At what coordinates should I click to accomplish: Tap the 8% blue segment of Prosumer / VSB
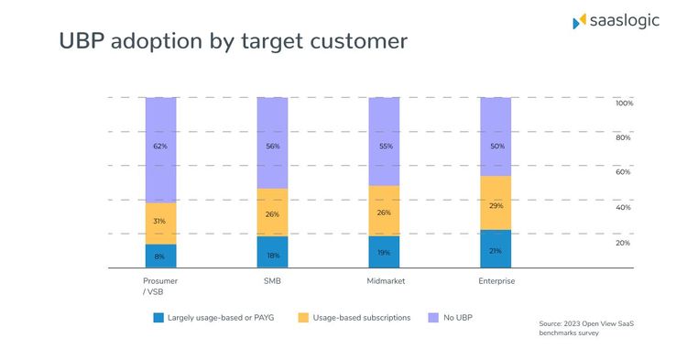point(160,256)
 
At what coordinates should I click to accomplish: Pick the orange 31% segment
point(160,223)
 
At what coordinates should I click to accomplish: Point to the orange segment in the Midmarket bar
point(384,211)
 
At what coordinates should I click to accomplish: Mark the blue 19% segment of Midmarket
point(384,252)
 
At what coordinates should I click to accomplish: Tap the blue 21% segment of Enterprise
point(496,249)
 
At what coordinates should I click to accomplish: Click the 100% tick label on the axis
point(624,104)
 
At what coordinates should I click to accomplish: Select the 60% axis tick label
point(623,172)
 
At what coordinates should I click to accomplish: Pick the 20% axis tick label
point(623,243)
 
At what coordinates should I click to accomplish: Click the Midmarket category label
point(387,281)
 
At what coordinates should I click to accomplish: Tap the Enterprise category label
point(496,281)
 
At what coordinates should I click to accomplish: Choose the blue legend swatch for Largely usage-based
point(159,318)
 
